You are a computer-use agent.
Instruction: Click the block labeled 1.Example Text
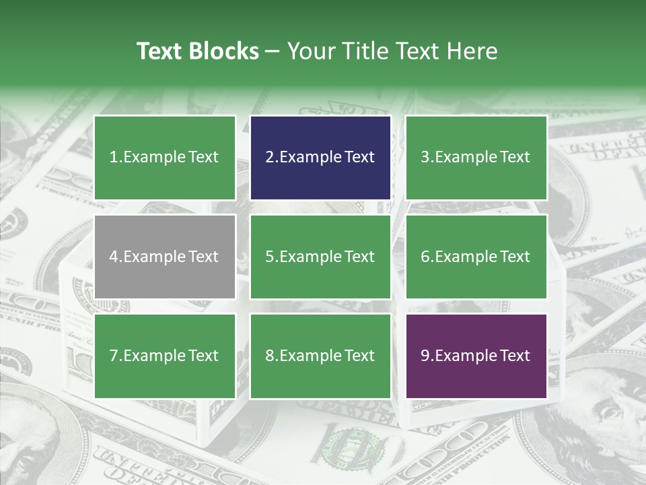click(x=165, y=158)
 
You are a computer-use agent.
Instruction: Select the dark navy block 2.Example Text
click(x=320, y=158)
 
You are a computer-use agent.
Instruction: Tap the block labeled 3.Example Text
click(x=476, y=158)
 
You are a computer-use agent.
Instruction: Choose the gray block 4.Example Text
click(x=165, y=257)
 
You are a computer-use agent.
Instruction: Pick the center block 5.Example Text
click(x=320, y=257)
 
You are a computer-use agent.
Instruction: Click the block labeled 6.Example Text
click(x=476, y=257)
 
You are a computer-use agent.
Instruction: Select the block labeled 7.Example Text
click(x=165, y=356)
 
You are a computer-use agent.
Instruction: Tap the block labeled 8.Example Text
click(x=320, y=356)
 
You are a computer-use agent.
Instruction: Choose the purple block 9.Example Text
click(x=476, y=356)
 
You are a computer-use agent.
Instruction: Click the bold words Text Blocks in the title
click(x=197, y=51)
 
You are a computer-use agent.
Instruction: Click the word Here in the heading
click(x=473, y=51)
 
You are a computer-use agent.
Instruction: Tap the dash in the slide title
click(x=273, y=52)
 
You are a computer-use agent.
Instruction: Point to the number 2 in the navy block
click(x=269, y=158)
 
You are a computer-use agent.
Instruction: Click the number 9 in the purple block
click(x=425, y=356)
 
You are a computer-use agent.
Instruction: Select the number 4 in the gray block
click(x=114, y=257)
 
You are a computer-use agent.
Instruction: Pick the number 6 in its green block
click(x=425, y=257)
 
